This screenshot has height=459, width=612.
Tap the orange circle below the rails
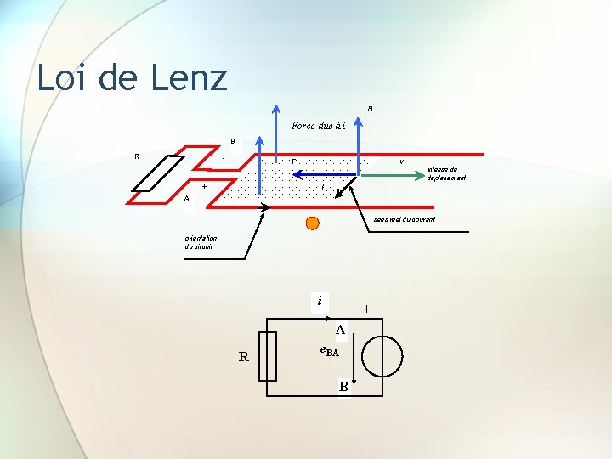(x=313, y=224)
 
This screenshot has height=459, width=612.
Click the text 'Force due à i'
(x=317, y=126)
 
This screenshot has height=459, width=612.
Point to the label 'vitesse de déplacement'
(x=446, y=173)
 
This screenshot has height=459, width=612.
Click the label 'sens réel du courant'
(x=405, y=219)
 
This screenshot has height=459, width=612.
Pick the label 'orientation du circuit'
(x=199, y=241)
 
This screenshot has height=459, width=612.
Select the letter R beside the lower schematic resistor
(x=243, y=357)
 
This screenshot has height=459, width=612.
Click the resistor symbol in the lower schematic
(x=268, y=357)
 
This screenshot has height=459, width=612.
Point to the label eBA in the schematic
(x=329, y=350)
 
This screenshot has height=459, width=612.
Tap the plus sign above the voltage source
(x=366, y=309)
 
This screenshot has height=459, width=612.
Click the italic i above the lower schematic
(x=320, y=301)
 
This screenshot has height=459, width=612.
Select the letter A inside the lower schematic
(x=339, y=329)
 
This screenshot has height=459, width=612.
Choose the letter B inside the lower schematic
(x=343, y=387)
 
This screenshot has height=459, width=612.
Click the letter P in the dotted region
(x=294, y=161)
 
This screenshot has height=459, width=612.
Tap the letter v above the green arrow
(x=401, y=161)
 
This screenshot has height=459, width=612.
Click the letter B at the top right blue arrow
(x=370, y=108)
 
